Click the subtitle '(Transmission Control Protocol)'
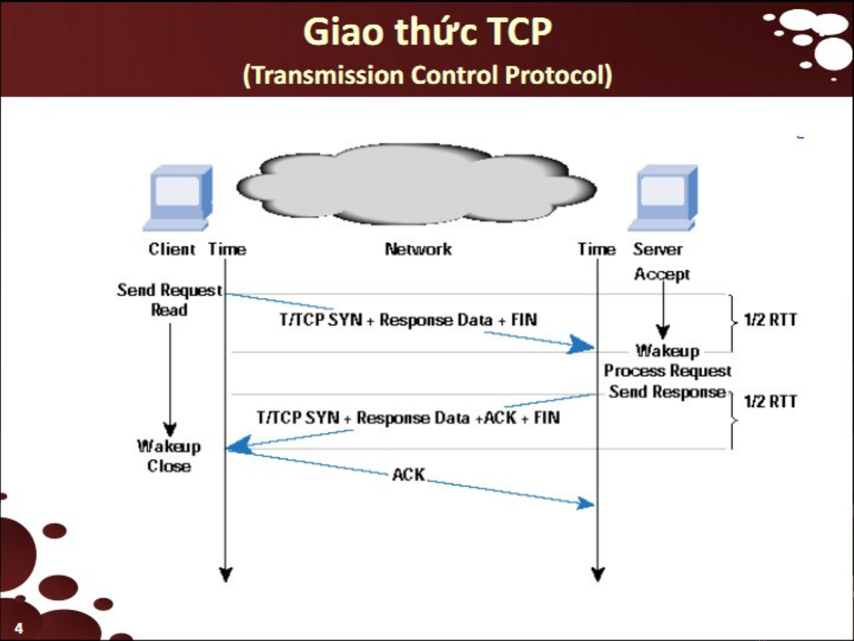(x=427, y=75)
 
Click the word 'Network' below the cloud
(x=418, y=249)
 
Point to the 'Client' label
(x=171, y=249)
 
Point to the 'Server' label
(x=657, y=249)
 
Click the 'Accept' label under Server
(x=662, y=274)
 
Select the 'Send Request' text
(x=169, y=290)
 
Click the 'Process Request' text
(x=667, y=371)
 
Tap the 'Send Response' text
(x=667, y=392)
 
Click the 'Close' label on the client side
(x=169, y=466)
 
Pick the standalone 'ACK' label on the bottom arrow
(x=408, y=474)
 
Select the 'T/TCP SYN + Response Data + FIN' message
(x=408, y=320)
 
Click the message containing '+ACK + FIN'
(x=408, y=418)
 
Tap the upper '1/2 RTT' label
(x=770, y=320)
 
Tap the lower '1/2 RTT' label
(x=770, y=401)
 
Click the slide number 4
(x=19, y=628)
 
